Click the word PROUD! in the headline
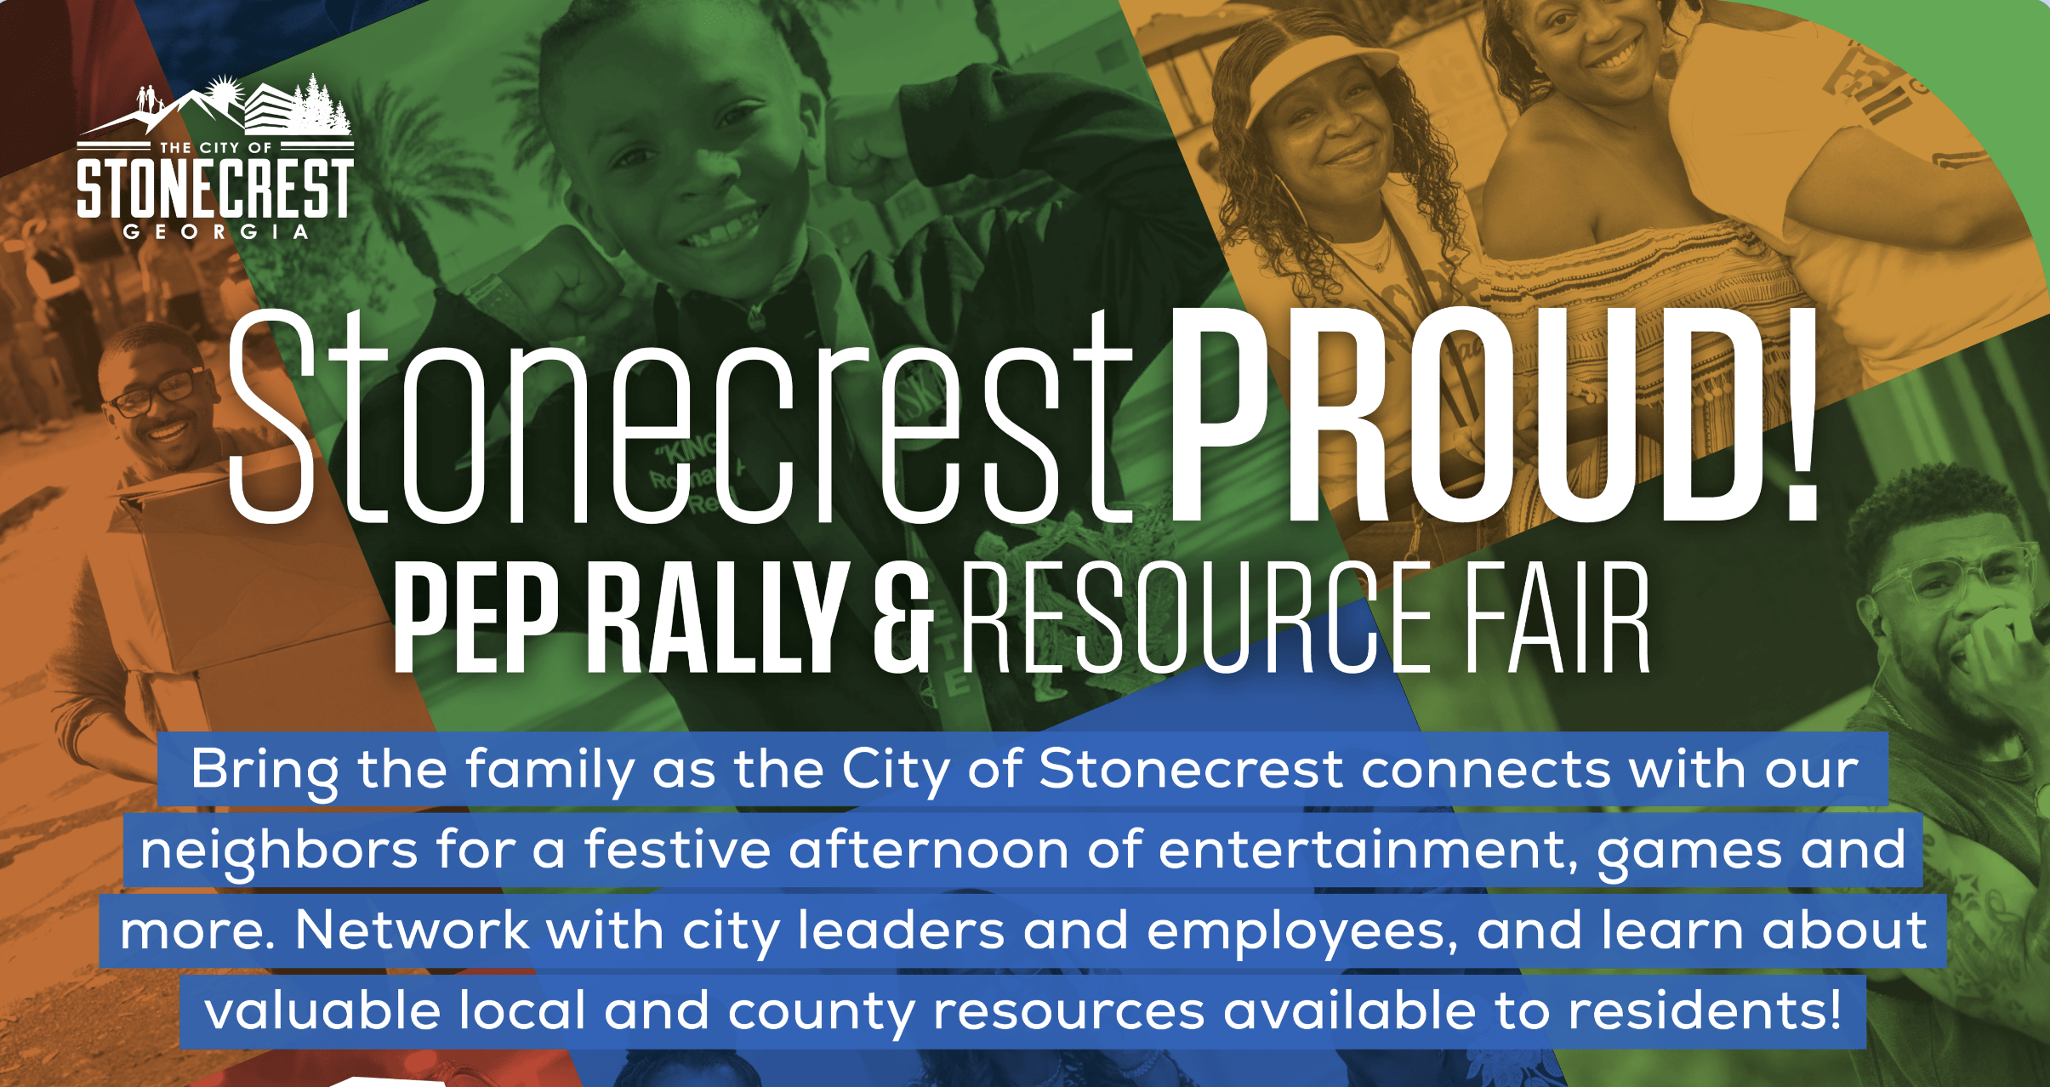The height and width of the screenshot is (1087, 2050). tap(1495, 413)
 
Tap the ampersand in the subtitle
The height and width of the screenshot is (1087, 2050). tap(903, 617)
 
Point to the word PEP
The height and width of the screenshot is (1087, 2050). tap(475, 617)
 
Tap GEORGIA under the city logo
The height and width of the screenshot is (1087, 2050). tap(215, 231)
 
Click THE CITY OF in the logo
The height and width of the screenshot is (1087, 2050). tap(216, 147)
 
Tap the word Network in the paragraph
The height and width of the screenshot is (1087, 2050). tap(411, 930)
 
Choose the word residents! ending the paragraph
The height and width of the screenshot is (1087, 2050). tap(1705, 1010)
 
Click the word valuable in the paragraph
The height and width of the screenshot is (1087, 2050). tap(322, 1010)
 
